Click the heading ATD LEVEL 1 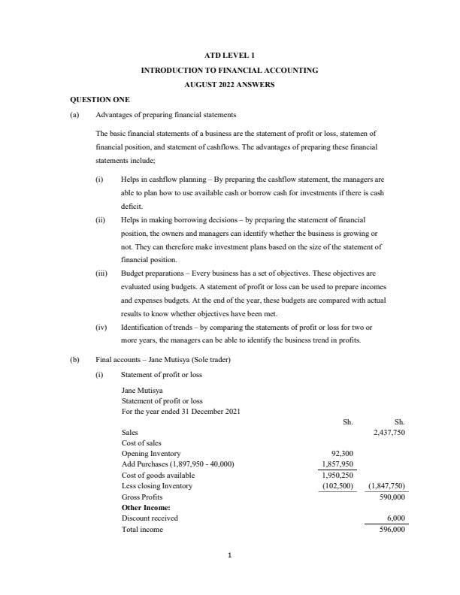pos(229,55)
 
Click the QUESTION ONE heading pos(100,99)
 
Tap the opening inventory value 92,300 pos(337,454)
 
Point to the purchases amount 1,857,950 pos(333,464)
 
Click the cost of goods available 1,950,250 pos(333,476)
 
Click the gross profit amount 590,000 pos(391,497)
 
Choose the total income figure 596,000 pos(391,529)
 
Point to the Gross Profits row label pos(141,497)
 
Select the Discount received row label pos(150,518)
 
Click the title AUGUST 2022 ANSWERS pos(229,85)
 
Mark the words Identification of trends pos(157,328)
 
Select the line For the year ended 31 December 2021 pos(180,412)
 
